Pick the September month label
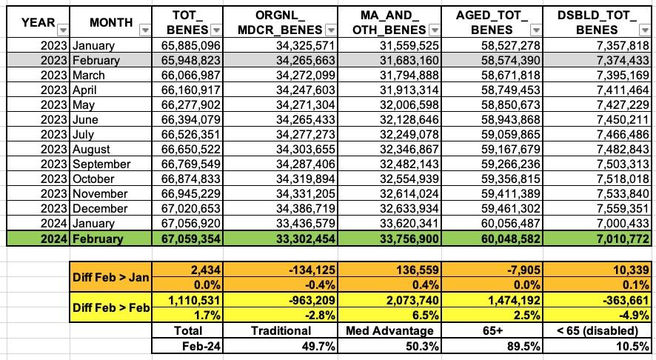(x=101, y=164)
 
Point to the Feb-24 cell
(x=185, y=346)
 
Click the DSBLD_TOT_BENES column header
(x=592, y=22)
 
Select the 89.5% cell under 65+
(x=511, y=346)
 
